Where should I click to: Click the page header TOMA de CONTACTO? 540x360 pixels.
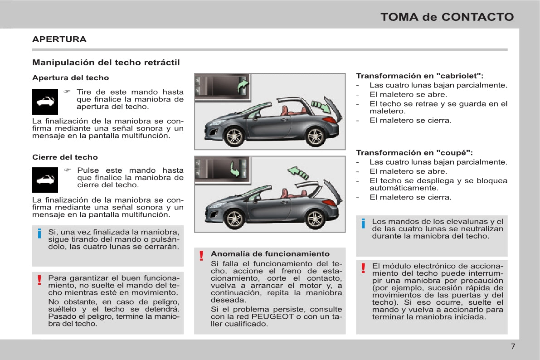click(x=447, y=17)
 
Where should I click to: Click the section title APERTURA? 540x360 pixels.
click(x=59, y=39)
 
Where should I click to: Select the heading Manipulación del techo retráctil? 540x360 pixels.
click(x=106, y=63)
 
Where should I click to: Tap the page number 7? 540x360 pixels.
click(x=513, y=347)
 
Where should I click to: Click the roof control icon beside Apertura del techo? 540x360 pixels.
click(x=45, y=102)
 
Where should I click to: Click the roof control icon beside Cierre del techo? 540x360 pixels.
click(x=45, y=180)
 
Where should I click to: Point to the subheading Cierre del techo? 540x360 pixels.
click(x=65, y=157)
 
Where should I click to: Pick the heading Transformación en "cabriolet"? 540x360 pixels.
click(x=419, y=76)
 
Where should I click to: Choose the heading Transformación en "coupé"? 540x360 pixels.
click(x=414, y=153)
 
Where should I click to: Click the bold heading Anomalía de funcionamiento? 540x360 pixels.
click(x=270, y=254)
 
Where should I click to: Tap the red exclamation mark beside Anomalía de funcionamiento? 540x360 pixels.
click(x=201, y=257)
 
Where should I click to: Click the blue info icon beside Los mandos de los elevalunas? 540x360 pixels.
click(x=363, y=224)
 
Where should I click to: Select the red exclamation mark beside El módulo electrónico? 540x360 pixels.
click(x=363, y=268)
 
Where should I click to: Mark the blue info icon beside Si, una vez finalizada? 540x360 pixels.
click(x=40, y=234)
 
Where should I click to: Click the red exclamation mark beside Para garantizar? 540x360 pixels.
click(x=40, y=279)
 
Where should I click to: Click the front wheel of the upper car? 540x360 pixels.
click(x=235, y=136)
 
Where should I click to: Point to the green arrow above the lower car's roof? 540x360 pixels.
click(x=298, y=172)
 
